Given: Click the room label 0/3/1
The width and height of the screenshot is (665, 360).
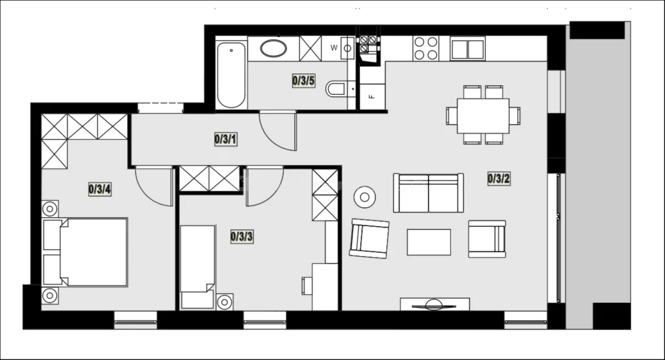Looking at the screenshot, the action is (x=225, y=139).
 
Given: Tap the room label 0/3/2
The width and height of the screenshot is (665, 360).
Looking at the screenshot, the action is (x=499, y=179).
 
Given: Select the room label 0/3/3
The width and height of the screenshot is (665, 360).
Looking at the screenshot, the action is (x=242, y=237).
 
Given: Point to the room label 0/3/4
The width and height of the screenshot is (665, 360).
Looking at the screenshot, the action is (x=100, y=189).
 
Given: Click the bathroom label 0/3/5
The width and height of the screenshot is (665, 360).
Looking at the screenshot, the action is (x=304, y=80).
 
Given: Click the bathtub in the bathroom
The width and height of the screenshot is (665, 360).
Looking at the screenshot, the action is (x=231, y=75).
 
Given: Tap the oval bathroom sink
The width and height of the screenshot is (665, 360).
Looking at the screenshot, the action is (x=273, y=48).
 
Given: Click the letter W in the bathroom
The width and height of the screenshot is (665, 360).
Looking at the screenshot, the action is (x=334, y=48).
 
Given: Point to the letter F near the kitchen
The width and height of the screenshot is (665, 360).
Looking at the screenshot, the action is (x=372, y=97).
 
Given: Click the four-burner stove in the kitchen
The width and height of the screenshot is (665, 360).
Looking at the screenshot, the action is (x=426, y=48).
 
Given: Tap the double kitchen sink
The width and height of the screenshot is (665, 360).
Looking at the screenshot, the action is (x=468, y=49).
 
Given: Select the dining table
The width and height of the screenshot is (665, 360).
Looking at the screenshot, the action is (x=483, y=116).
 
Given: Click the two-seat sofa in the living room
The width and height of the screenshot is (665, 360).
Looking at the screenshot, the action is (x=429, y=193).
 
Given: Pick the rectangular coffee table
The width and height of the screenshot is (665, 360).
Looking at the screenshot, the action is (x=429, y=242).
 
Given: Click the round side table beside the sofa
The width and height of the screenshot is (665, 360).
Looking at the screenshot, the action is (x=365, y=197).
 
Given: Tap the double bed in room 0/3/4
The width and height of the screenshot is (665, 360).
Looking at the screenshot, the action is (x=85, y=252).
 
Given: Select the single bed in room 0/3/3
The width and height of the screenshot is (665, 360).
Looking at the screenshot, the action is (x=197, y=266).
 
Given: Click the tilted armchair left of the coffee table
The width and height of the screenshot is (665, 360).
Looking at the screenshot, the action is (x=370, y=238).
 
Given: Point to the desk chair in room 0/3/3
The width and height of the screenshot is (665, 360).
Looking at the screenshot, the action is (x=307, y=286).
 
